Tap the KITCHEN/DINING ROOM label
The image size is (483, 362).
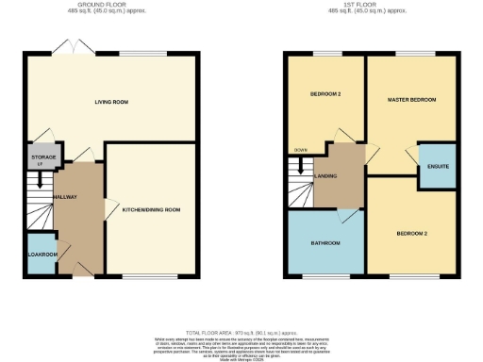point(152,209)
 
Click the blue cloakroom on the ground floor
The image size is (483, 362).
point(41,253)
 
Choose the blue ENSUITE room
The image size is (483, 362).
point(438,166)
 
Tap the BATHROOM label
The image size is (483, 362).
point(325,243)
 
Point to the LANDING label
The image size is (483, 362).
point(327,174)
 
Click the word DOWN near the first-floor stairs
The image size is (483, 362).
point(300,151)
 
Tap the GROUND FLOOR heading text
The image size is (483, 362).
point(112,5)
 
